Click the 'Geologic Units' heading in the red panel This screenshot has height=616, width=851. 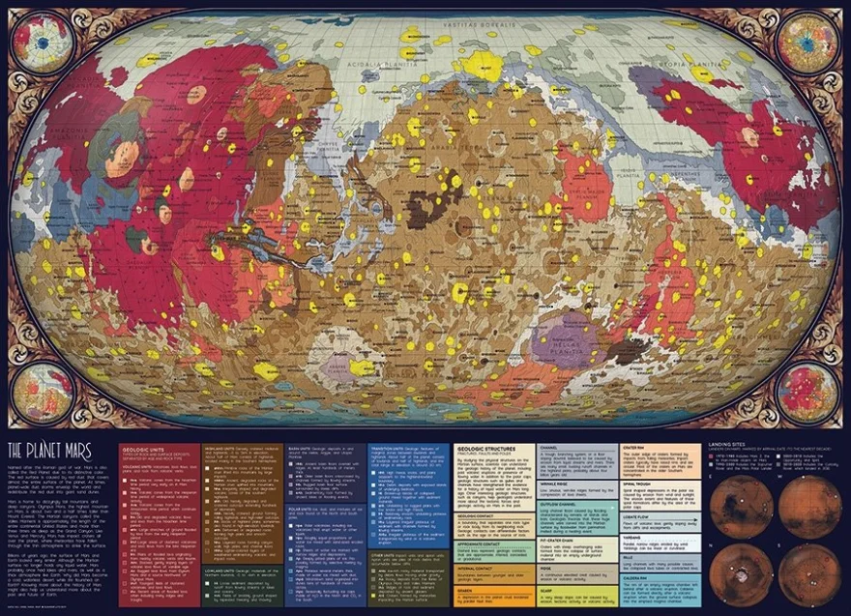144,450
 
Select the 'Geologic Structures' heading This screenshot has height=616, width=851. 487,451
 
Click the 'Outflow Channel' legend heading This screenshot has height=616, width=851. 562,503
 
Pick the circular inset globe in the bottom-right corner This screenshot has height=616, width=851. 807,393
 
